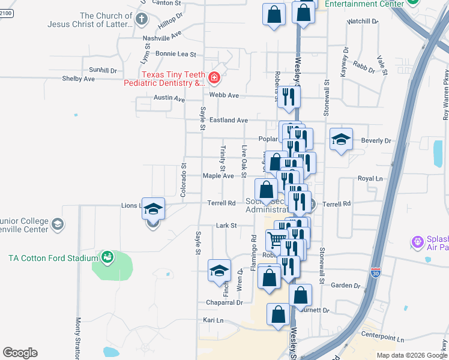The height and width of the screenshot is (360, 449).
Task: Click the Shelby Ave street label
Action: point(79,79)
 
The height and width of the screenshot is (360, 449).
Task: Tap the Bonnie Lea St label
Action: point(176,54)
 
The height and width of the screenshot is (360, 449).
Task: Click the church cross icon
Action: point(142,19)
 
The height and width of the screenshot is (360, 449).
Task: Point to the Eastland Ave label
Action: point(229,120)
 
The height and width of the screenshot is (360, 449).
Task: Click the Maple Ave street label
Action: point(218,176)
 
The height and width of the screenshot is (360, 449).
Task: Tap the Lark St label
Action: point(227,226)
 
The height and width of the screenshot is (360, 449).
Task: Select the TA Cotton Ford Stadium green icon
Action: point(107,257)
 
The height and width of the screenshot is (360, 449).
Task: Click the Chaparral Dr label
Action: point(224,302)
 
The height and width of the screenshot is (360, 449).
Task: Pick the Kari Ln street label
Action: point(213,320)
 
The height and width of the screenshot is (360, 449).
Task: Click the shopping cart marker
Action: point(276,239)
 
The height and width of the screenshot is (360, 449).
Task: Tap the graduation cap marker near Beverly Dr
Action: point(340,140)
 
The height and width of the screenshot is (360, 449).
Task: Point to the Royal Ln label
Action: point(370,179)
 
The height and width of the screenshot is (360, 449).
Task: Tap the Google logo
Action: point(20,353)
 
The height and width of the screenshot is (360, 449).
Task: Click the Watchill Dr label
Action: point(362,21)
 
